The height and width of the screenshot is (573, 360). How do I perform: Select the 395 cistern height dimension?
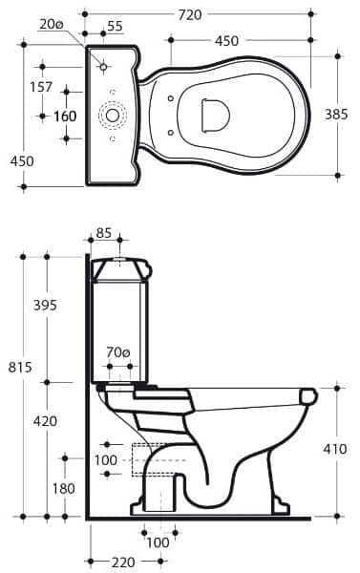pos(45,306)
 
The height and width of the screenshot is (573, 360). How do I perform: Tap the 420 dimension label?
pos(45,421)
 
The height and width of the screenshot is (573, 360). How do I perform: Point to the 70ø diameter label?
pos(119,352)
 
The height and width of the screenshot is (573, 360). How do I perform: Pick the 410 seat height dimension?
pos(335,447)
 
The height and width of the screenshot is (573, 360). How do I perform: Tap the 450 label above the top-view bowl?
pos(227,41)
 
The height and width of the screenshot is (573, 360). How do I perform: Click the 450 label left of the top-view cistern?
pos(21,160)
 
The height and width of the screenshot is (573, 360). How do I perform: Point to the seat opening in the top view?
pos(215,113)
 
